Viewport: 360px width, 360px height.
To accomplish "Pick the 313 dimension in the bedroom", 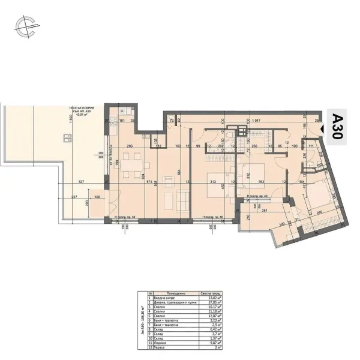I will pos(212,182).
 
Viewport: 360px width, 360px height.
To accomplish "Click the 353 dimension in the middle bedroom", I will pos(261,182).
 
